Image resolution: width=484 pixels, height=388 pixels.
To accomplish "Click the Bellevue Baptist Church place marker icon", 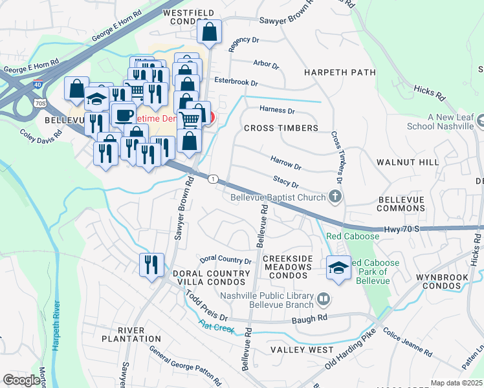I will (x=335, y=196).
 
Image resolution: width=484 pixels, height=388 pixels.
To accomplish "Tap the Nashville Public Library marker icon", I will (x=324, y=299).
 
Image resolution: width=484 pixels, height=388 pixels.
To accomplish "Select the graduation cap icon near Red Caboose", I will (x=338, y=266).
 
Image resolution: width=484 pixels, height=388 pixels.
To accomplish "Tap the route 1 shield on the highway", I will (x=212, y=178).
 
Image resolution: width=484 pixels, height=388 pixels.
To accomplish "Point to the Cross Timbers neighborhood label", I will (x=281, y=128).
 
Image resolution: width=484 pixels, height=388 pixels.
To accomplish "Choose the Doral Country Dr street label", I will (x=225, y=260).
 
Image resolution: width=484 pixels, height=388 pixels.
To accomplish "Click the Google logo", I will (x=21, y=380).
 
